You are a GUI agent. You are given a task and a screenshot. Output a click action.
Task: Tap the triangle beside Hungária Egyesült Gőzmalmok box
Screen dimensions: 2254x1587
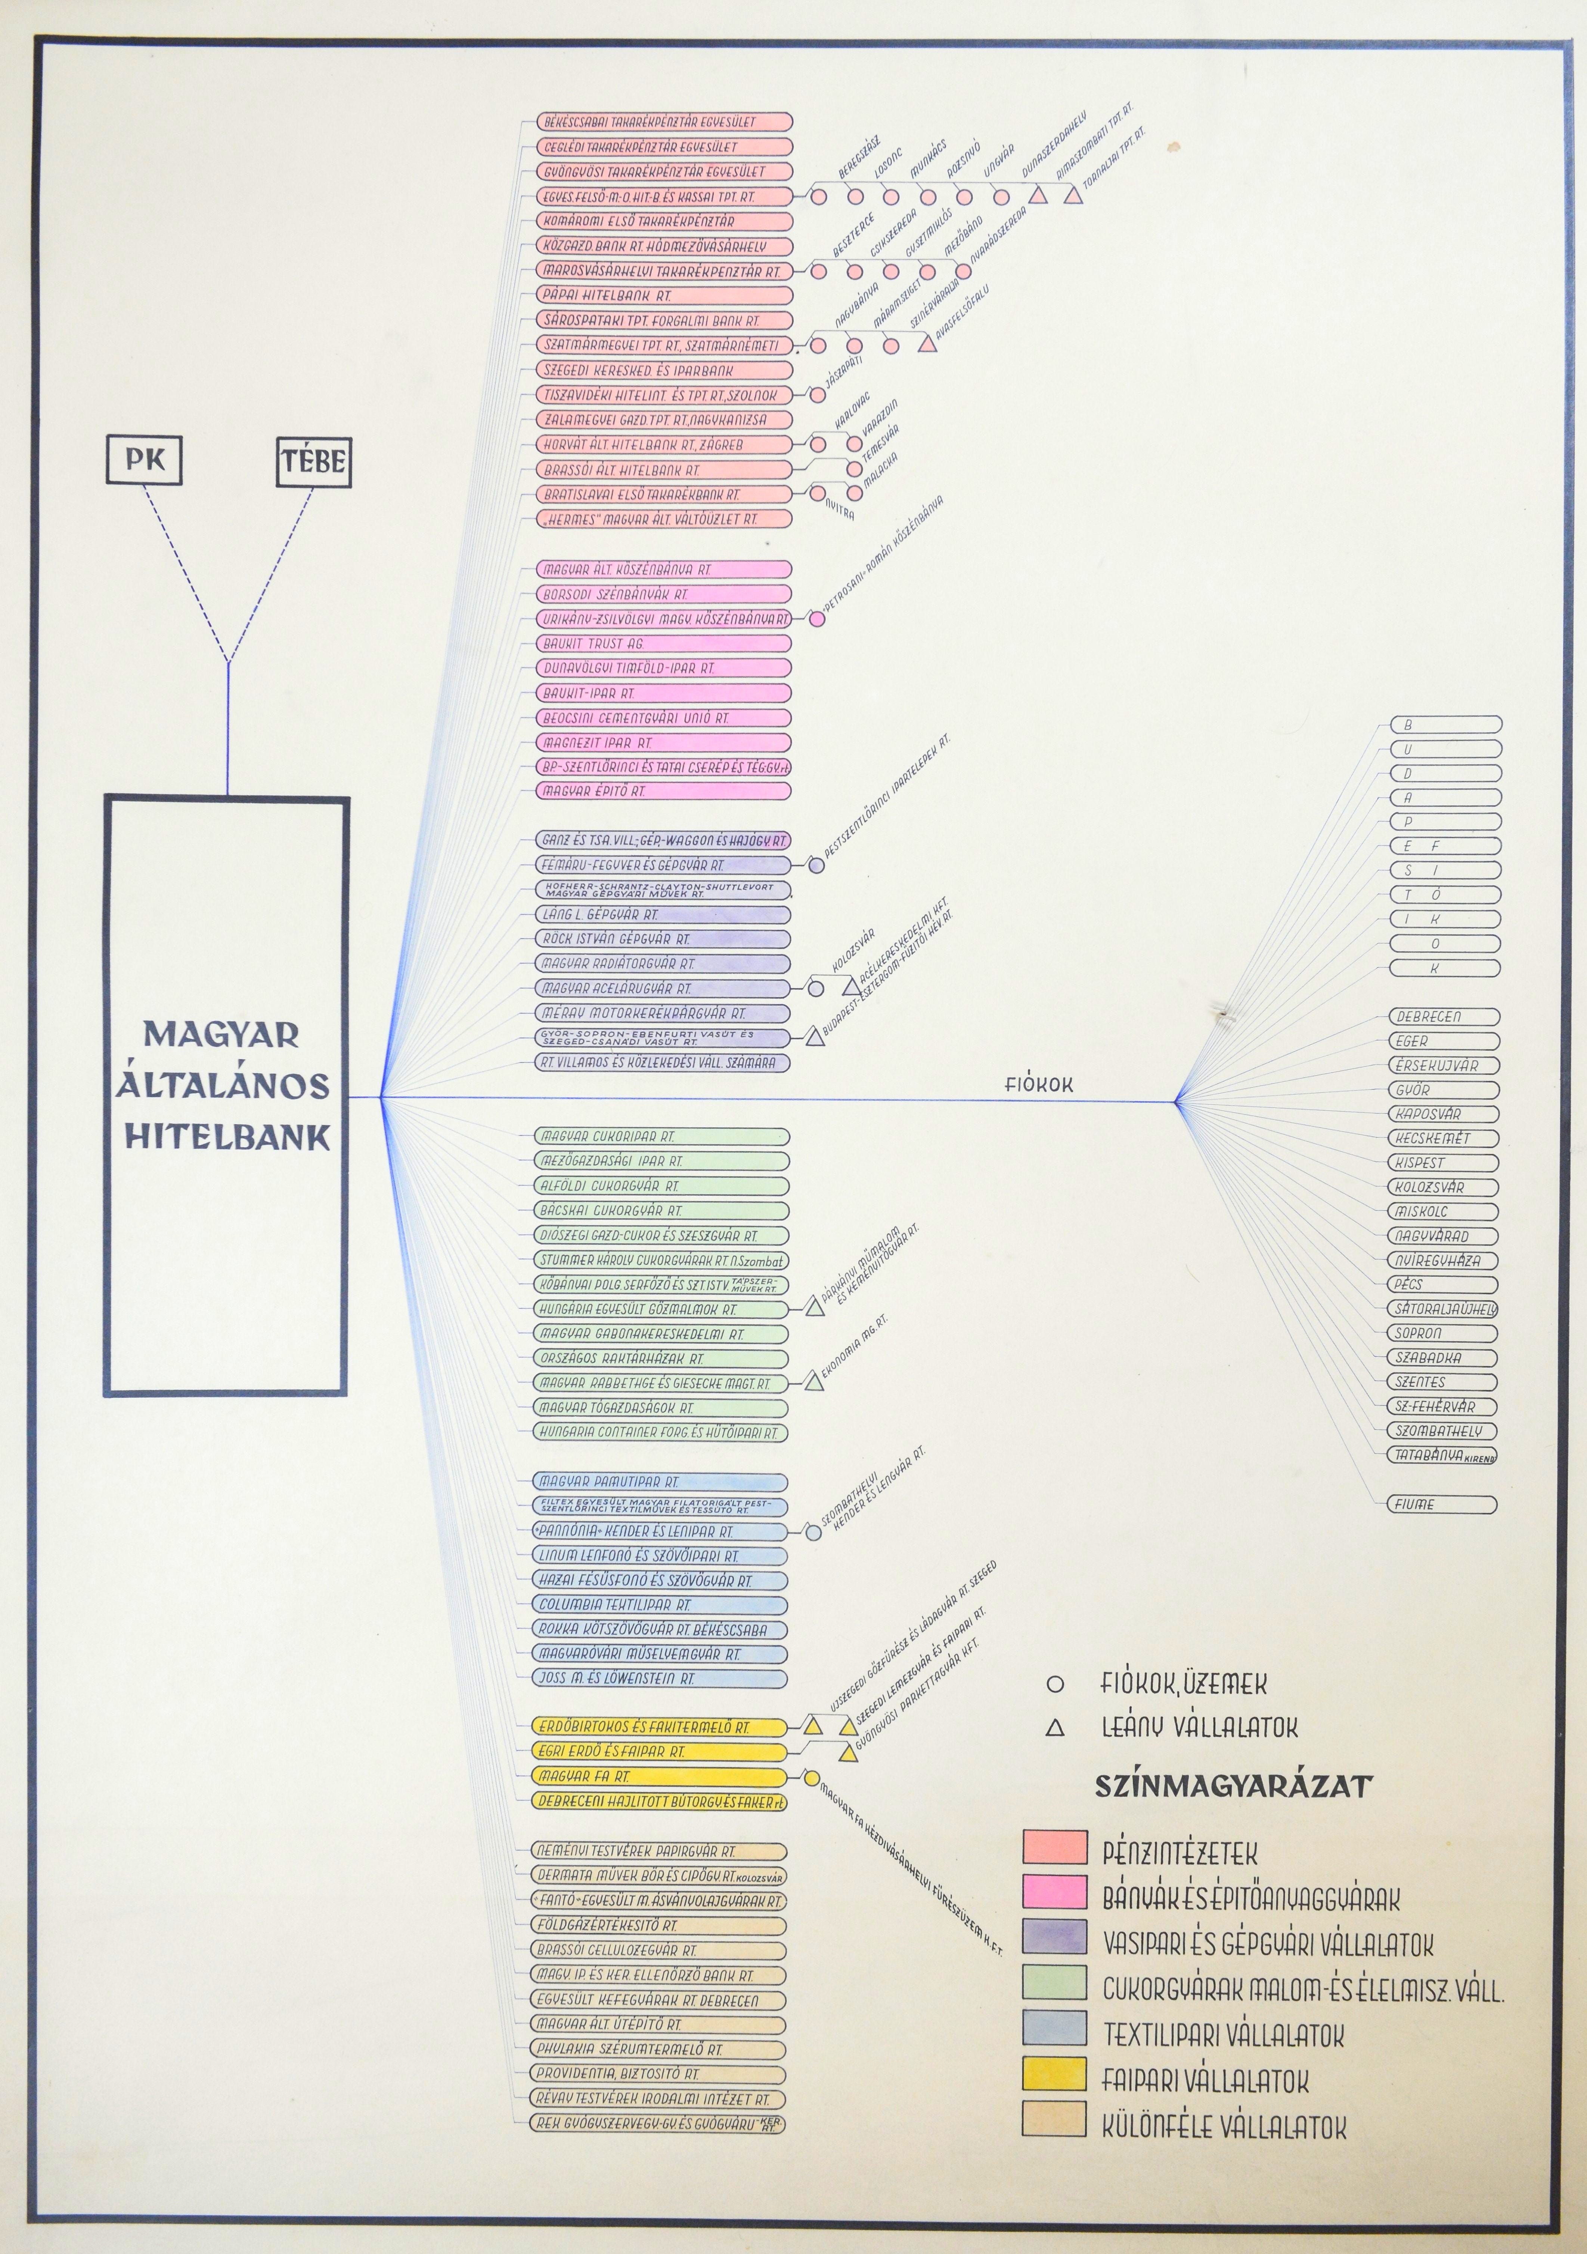click(813, 1308)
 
